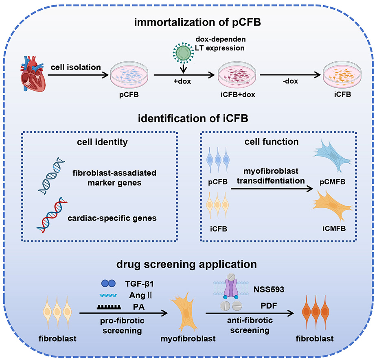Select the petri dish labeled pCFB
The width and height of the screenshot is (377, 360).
tap(129, 75)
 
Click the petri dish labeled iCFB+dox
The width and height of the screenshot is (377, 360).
tap(237, 75)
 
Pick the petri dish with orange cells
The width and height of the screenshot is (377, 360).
tap(342, 75)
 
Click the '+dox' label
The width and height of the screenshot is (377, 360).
tap(182, 81)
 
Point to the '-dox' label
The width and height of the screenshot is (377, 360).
tap(290, 81)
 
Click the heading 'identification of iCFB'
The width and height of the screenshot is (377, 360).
tap(193, 119)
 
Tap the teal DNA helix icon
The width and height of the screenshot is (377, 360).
tap(51, 176)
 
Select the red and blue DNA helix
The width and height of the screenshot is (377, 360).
tap(52, 215)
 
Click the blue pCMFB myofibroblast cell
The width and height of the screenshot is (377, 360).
tap(333, 156)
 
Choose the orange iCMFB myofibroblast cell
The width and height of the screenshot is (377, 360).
tap(333, 205)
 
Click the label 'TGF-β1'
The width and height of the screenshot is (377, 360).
tap(139, 284)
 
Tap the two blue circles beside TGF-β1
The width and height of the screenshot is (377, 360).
tap(108, 284)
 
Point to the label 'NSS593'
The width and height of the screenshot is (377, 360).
tap(269, 289)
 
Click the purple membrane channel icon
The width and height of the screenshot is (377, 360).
tap(231, 286)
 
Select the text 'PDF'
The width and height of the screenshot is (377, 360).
tap(269, 306)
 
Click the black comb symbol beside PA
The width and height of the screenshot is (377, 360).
tap(109, 307)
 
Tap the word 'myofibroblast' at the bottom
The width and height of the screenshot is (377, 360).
tap(188, 338)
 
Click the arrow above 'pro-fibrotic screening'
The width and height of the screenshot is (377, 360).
tap(124, 313)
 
